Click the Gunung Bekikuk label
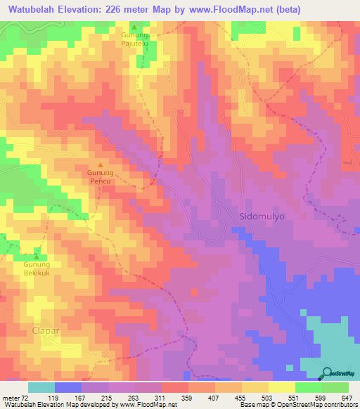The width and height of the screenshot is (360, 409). click(x=37, y=269)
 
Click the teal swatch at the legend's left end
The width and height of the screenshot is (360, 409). click(x=41, y=387)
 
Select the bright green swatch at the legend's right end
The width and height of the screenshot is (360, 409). click(x=335, y=387)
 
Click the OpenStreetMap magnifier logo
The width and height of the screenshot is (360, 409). click(x=327, y=372)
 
